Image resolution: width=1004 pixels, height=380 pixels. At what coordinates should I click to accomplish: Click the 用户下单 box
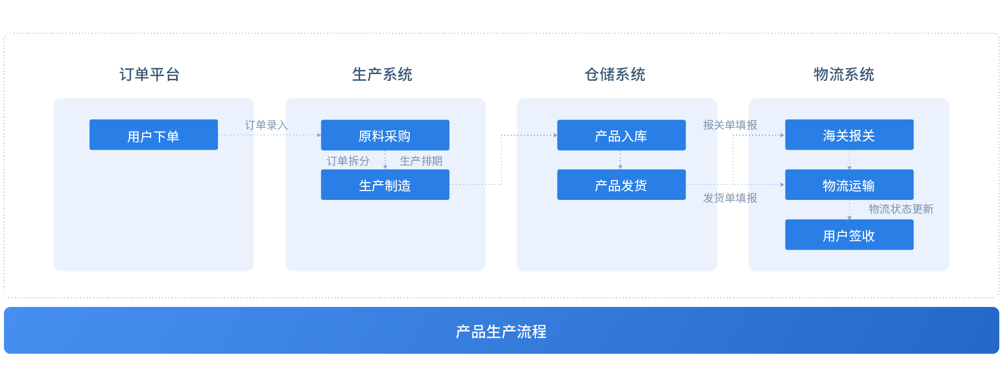coord(153,135)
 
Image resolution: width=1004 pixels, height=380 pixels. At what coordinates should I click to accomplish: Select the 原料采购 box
coord(385,135)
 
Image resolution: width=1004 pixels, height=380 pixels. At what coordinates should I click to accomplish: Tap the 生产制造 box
coord(385,185)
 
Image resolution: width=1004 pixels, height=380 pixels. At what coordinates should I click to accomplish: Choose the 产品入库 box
coord(621,135)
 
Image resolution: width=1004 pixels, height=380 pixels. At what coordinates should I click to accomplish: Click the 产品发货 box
coord(621,185)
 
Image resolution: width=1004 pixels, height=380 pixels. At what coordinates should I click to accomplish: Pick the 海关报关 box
coord(849,135)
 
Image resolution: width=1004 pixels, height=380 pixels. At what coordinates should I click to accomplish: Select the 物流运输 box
coord(849,185)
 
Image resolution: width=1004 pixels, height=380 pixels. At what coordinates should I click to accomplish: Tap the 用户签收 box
coord(849,235)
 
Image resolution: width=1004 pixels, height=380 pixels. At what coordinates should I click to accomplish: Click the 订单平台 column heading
coord(149,74)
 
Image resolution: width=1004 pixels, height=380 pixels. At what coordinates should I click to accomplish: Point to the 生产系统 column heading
coord(382,74)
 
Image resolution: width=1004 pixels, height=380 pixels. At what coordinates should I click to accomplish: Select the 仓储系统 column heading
coord(615,74)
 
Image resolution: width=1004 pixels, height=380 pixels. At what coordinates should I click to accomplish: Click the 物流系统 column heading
coord(844,74)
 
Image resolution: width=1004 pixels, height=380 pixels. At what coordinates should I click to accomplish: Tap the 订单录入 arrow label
coord(266,125)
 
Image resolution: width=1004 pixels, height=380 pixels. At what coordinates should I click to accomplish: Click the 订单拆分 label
coord(348,161)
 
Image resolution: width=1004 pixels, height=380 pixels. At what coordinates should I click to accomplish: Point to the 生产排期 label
coord(421,161)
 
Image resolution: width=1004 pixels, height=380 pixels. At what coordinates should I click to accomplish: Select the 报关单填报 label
coord(730,125)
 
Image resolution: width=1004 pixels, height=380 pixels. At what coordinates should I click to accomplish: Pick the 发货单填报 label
coord(730,198)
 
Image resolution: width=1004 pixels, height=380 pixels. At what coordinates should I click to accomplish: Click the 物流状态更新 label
coord(901,209)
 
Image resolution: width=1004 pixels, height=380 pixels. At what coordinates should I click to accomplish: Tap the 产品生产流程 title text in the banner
coord(501,331)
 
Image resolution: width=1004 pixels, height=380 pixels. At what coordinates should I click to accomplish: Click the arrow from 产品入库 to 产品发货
coord(620,160)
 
